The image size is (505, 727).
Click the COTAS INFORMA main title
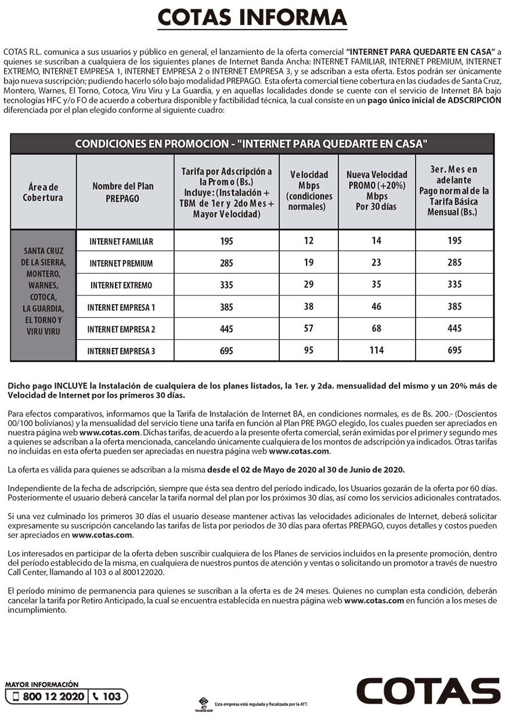(252, 17)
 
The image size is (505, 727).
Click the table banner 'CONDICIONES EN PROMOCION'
(252, 143)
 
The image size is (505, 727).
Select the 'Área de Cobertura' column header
(43, 192)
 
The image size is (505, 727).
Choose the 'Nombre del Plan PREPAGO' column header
(123, 192)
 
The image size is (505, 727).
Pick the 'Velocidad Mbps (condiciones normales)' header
(309, 190)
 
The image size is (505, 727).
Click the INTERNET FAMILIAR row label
(121, 241)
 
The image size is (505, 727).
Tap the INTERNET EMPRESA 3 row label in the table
(121, 351)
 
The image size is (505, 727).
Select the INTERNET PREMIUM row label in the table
(121, 263)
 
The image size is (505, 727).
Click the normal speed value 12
(309, 240)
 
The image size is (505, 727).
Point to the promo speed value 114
(377, 350)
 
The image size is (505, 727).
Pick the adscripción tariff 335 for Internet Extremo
(226, 285)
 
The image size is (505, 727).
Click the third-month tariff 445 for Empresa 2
(454, 328)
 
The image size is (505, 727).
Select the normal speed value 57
(309, 328)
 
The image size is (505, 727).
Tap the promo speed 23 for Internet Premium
(377, 262)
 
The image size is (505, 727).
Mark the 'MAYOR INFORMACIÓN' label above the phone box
(42, 685)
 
